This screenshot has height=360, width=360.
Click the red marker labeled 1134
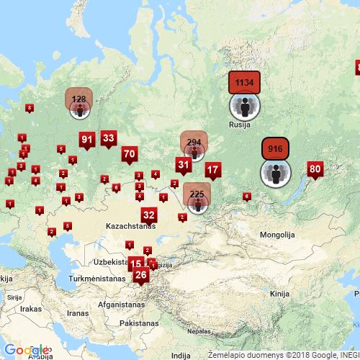[244, 83]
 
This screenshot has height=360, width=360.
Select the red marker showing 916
[275, 148]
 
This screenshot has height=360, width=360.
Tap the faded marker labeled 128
[79, 98]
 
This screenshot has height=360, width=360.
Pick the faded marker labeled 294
[194, 142]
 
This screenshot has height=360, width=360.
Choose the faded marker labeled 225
[197, 194]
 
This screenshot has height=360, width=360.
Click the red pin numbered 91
[87, 140]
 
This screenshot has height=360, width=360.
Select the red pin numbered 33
[109, 138]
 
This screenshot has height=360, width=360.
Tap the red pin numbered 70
[130, 153]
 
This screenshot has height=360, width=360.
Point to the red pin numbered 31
[184, 165]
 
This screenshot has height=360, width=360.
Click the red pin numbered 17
[213, 171]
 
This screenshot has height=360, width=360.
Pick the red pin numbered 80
[315, 169]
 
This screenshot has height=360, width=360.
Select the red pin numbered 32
[149, 215]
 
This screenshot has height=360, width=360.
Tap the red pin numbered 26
[141, 274]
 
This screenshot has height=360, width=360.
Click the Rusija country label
[239, 125]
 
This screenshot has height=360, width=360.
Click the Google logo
[27, 350]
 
